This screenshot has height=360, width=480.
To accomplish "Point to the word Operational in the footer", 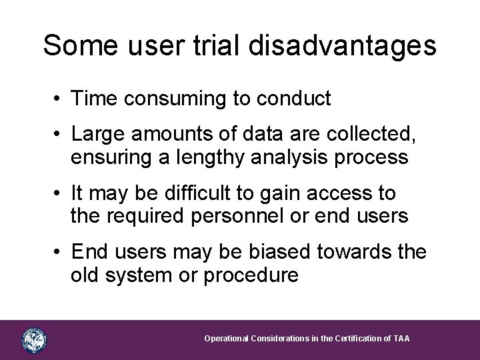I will (226, 339).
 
